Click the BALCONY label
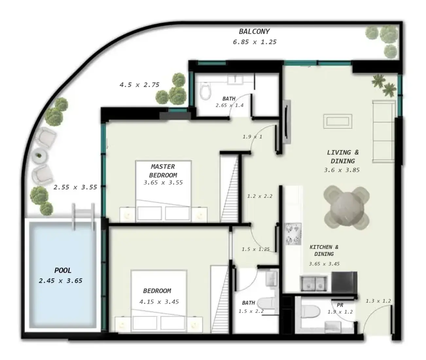tap(254, 32)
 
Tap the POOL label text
tap(62, 270)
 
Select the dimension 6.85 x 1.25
tap(255, 42)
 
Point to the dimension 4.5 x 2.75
tap(139, 85)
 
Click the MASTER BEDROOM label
tap(163, 171)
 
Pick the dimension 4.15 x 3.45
tap(159, 302)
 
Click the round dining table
tap(346, 208)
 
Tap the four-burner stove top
tap(293, 234)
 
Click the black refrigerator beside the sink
tap(344, 282)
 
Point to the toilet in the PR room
tap(310, 312)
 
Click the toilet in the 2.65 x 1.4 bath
tap(205, 91)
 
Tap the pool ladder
tap(83, 217)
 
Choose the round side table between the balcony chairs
tap(39, 156)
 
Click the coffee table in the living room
tap(338, 121)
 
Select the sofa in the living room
tap(383, 132)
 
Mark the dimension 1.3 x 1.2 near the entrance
tap(378, 301)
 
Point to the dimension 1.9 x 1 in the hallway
tap(252, 137)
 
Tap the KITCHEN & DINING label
tap(324, 251)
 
